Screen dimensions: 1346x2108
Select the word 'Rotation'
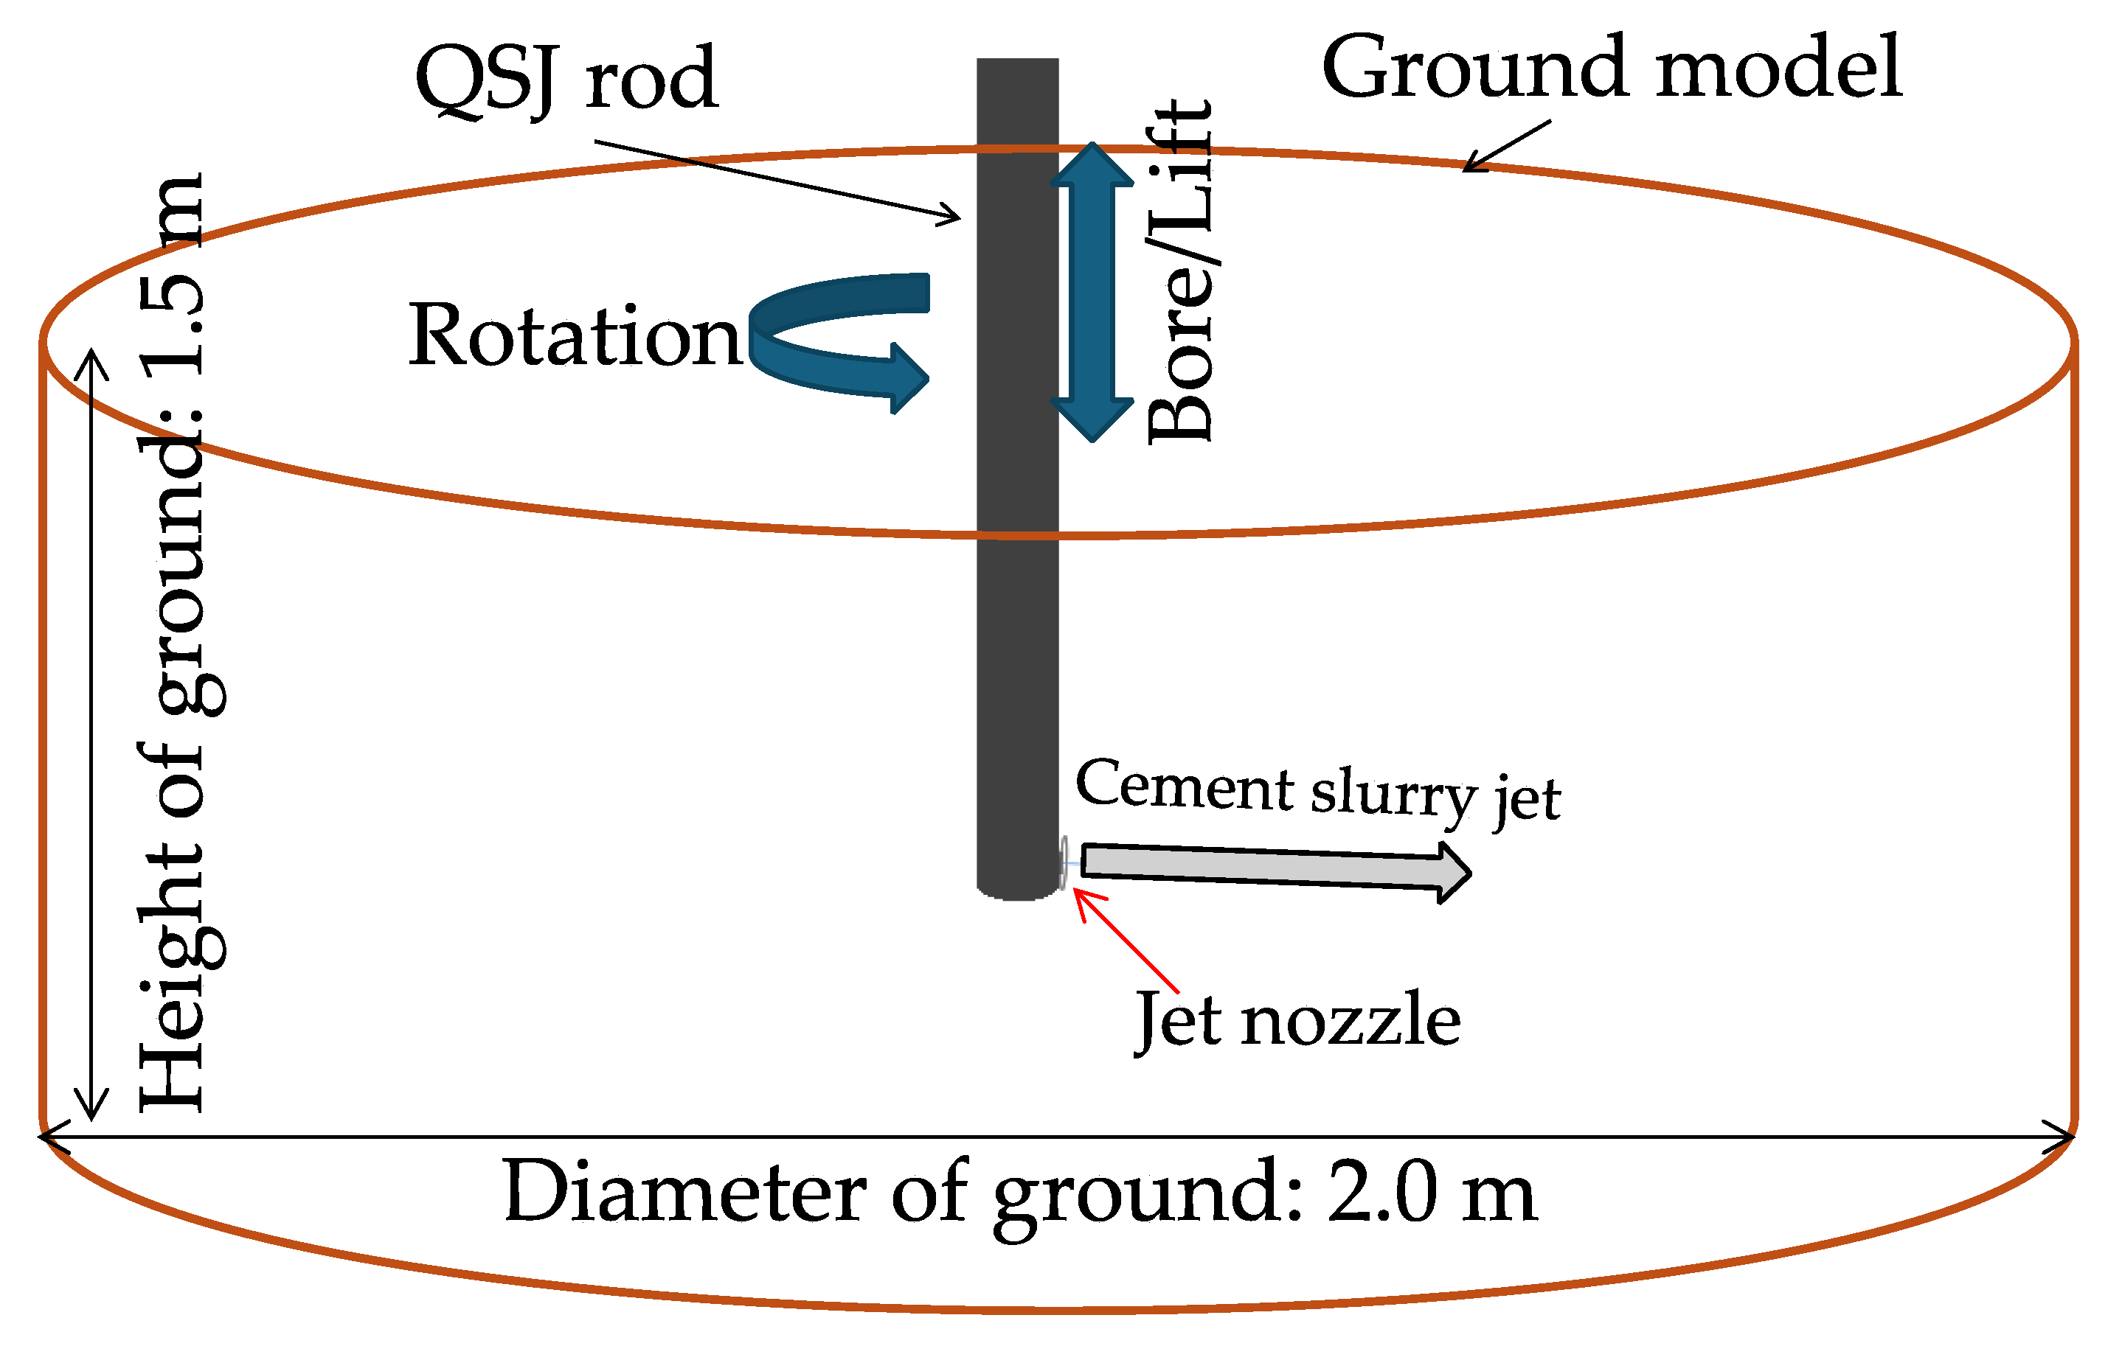(x=575, y=336)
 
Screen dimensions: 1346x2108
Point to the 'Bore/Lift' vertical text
(x=1180, y=271)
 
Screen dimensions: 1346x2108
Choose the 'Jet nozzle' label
(x=1297, y=1020)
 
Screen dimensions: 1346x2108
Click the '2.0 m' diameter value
(x=1432, y=1192)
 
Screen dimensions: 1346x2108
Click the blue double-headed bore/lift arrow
(x=1092, y=291)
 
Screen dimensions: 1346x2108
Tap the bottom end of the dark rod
(x=1017, y=891)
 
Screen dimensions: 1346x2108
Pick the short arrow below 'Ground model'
(x=1505, y=146)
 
